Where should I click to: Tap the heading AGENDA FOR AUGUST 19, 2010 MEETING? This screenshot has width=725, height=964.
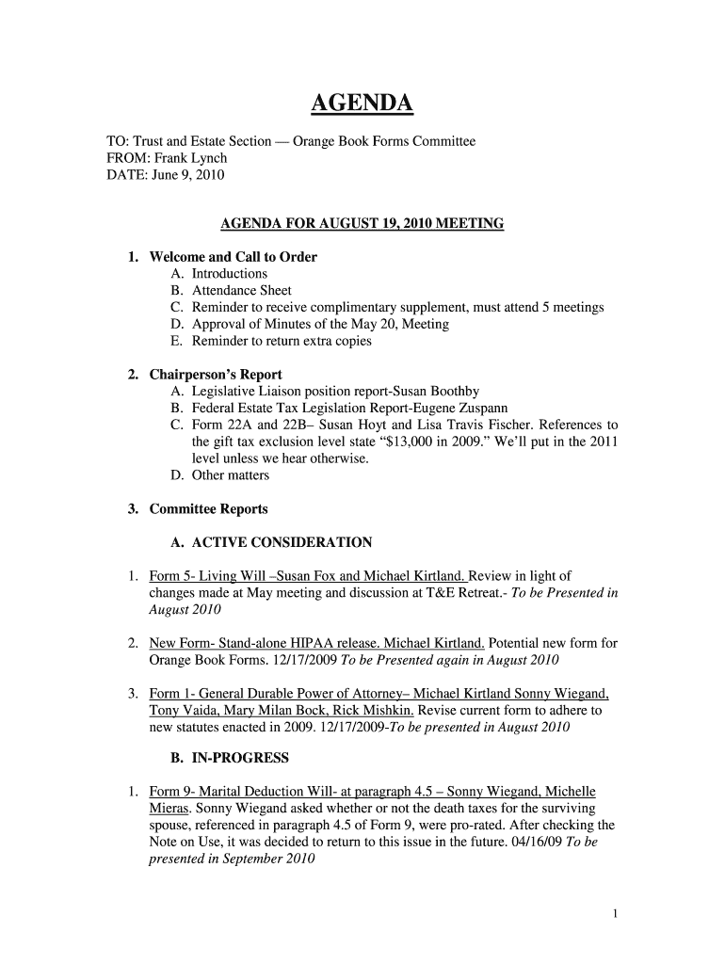coord(362,224)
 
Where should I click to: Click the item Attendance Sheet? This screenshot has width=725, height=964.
coord(242,291)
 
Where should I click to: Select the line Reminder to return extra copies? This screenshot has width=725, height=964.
coord(282,341)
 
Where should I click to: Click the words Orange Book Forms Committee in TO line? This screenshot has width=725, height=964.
coord(384,141)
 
